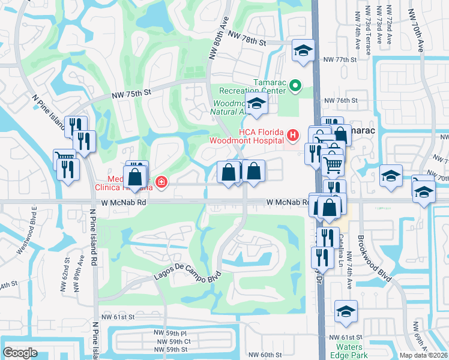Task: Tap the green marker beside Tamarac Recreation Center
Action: tap(295, 86)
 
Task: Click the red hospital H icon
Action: tap(292, 136)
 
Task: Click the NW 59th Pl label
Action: tap(169, 332)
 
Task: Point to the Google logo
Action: tap(20, 352)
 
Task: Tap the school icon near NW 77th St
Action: tap(303, 50)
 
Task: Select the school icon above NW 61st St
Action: tap(346, 311)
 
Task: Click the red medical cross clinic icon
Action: tap(161, 181)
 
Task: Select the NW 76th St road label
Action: tap(340, 101)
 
